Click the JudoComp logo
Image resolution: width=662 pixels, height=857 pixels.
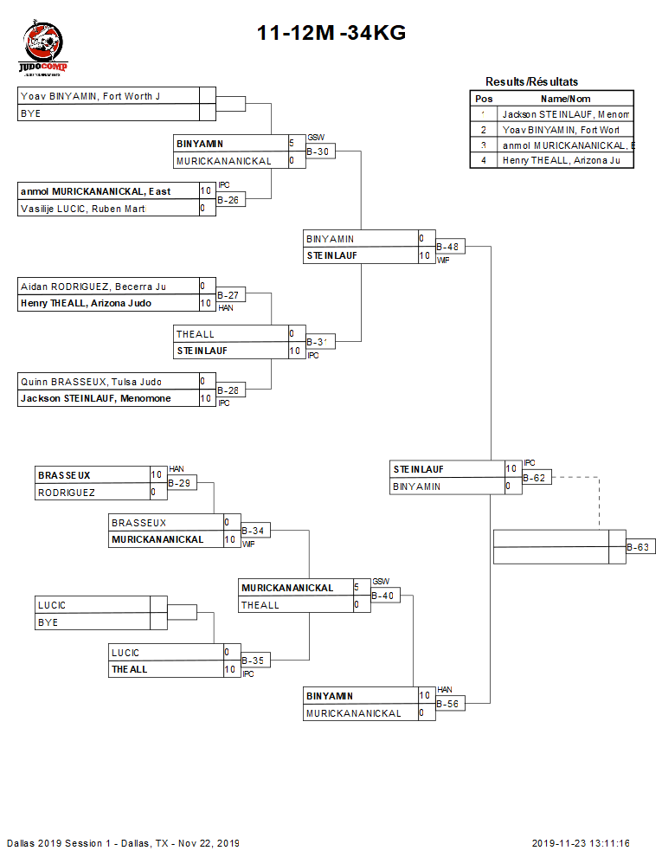coord(43,50)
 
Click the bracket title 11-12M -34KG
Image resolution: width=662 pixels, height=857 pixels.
coord(331,34)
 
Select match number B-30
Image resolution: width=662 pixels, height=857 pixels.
coord(318,152)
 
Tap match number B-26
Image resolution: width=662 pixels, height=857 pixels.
coord(228,200)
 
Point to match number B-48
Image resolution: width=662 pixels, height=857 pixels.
coord(447,248)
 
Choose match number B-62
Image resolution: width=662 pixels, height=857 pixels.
coord(535,477)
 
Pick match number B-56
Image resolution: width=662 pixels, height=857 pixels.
coord(447,705)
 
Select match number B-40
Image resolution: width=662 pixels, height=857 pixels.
coord(383,596)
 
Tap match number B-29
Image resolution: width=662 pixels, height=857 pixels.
coord(180,483)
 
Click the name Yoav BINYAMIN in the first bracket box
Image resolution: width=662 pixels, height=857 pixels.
coord(90,96)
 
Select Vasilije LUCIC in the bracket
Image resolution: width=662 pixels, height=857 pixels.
coord(83,209)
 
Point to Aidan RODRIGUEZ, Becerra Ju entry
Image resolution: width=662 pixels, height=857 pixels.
coord(93,287)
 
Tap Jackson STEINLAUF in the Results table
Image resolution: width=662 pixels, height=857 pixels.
coord(565,114)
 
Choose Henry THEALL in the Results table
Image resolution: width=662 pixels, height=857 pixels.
coord(562,160)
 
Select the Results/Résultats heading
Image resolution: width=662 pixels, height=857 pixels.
coord(531,82)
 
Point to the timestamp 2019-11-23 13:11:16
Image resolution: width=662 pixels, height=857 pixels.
coord(581,843)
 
